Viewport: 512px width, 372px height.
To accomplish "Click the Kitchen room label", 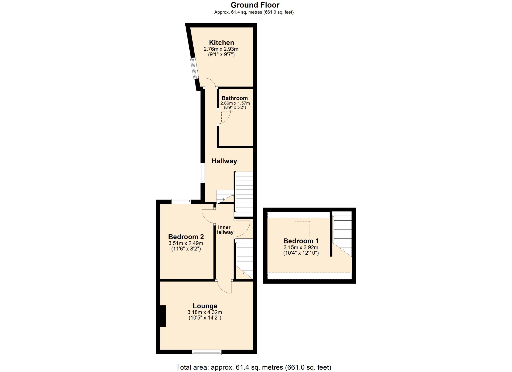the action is (221, 43).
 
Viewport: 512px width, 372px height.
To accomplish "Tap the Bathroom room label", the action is (235, 98).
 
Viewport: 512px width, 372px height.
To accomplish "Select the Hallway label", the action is (224, 161).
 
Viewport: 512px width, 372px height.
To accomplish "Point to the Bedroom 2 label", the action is (186, 237).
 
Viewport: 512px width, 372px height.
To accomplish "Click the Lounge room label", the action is (205, 306).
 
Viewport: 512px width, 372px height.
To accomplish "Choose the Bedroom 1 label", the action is (301, 241).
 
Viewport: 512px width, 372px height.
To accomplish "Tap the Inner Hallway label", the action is (224, 230).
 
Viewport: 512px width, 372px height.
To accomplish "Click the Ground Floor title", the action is (255, 5).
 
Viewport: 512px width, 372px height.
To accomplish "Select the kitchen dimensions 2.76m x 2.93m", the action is (221, 49).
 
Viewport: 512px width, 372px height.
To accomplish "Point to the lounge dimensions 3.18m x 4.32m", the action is (205, 312).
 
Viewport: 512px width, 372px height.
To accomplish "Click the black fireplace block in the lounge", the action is (163, 316).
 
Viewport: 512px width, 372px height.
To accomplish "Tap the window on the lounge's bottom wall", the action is (207, 352).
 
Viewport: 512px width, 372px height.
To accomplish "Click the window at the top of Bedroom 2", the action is (181, 201).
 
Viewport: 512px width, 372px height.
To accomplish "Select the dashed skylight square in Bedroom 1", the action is (302, 229).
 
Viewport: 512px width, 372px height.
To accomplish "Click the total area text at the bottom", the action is (254, 367).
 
